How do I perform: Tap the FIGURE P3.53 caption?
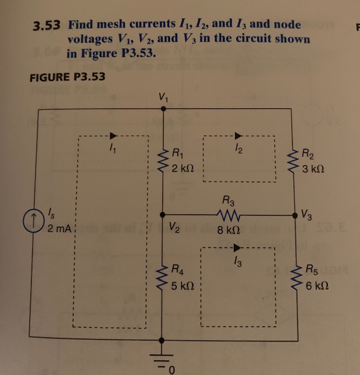(x=66, y=77)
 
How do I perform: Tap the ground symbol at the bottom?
(x=162, y=356)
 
